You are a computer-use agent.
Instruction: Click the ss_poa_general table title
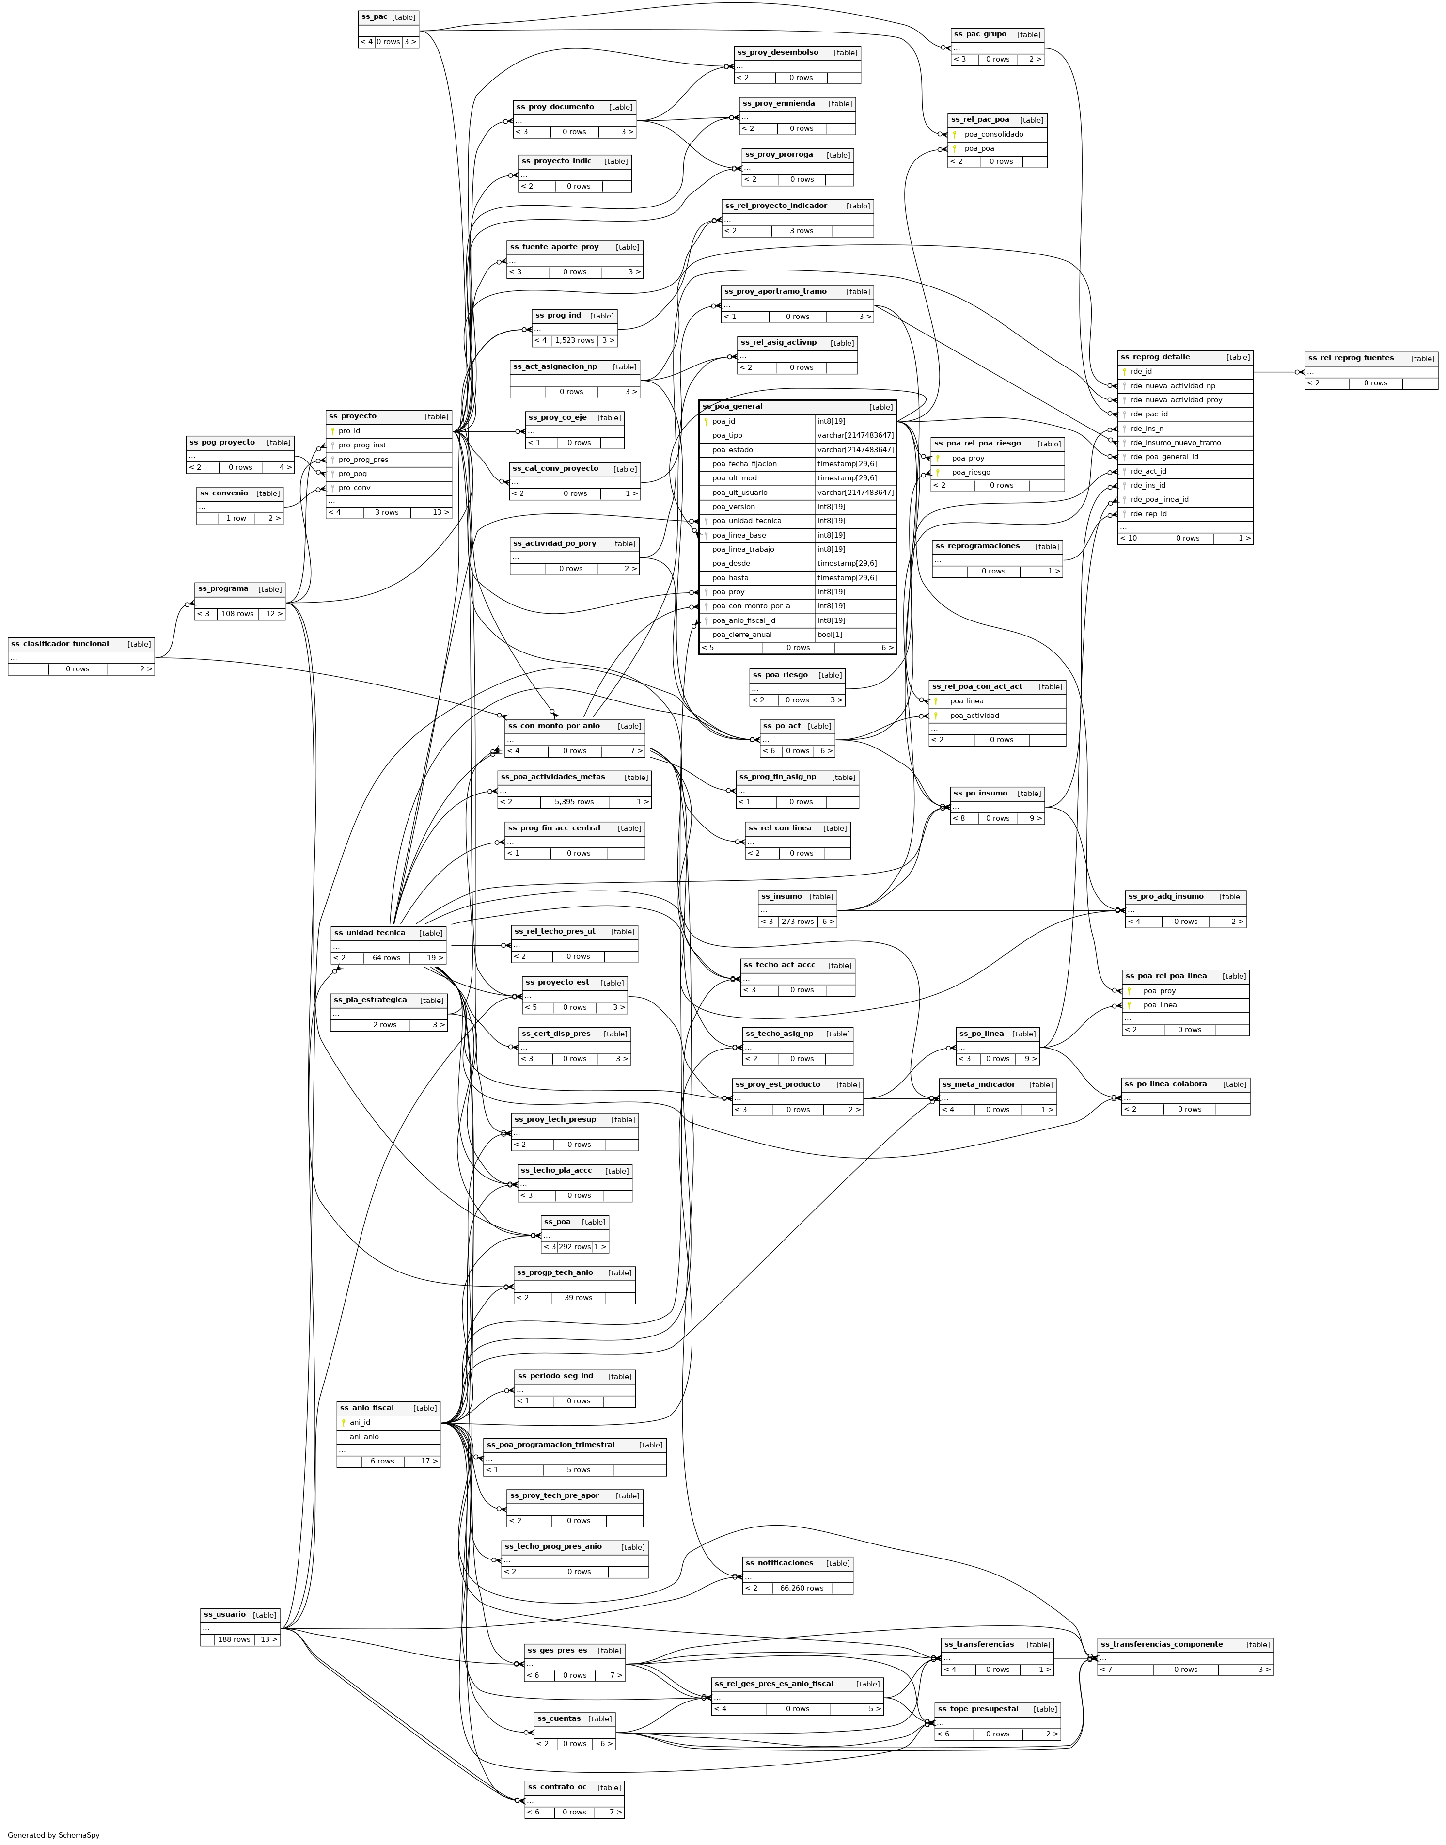(732, 406)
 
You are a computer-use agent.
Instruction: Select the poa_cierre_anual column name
(741, 634)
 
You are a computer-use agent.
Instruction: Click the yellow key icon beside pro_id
(333, 431)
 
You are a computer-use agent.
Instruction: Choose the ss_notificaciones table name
(779, 1563)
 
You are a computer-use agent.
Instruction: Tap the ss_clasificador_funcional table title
(60, 643)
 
